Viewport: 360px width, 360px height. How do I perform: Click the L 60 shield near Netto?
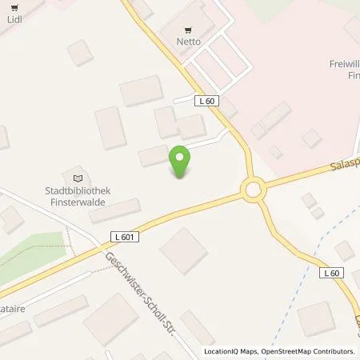click(x=206, y=100)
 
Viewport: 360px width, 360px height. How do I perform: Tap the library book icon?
click(x=78, y=178)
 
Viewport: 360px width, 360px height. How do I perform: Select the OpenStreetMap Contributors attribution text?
click(x=307, y=351)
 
